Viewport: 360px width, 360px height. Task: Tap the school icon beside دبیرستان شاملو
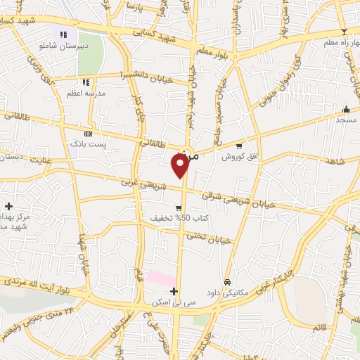click(63, 34)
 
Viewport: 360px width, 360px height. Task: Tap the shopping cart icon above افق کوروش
click(239, 146)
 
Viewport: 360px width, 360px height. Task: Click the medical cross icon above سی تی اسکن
click(174, 290)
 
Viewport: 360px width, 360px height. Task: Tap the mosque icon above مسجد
click(345, 110)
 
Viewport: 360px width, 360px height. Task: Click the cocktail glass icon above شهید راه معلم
click(343, 32)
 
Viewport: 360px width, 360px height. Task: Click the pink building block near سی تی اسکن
click(162, 279)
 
